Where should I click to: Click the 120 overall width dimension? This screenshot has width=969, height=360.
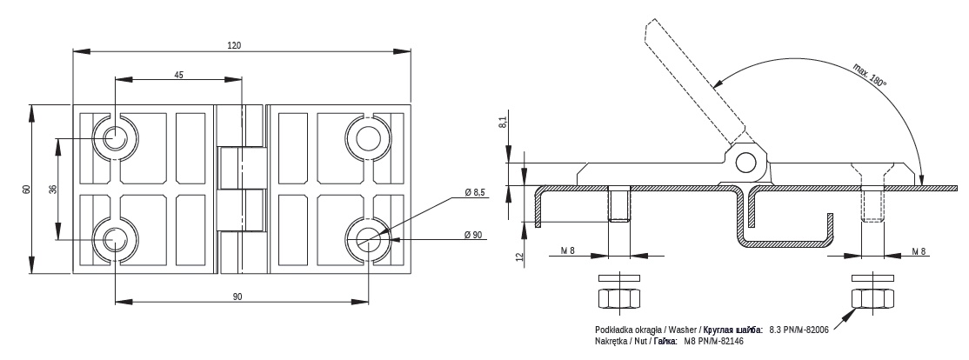tap(234, 45)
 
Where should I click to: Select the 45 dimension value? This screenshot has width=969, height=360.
tap(178, 75)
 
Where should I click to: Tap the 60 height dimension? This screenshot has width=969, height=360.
tap(26, 189)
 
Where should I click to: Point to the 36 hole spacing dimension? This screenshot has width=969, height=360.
tap(52, 189)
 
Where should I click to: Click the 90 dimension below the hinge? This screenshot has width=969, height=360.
tap(237, 297)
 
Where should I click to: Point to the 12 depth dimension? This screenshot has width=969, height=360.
tap(519, 255)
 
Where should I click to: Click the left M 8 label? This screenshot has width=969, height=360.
tap(568, 250)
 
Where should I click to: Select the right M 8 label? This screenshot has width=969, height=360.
tap(919, 250)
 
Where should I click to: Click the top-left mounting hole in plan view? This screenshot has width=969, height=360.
tap(114, 137)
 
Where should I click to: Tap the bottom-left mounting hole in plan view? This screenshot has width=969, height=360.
tap(114, 240)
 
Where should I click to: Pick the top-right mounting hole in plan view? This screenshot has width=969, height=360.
tap(368, 137)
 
